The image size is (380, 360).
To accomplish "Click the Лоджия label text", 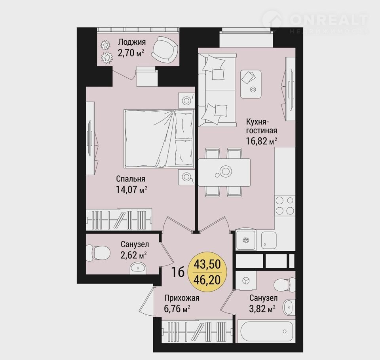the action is (x=132, y=42).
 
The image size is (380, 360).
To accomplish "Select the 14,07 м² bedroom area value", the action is (x=131, y=189).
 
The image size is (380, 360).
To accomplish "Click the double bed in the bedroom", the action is (x=160, y=138).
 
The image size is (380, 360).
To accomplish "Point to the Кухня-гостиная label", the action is (x=262, y=126).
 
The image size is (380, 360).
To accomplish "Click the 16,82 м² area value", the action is (x=262, y=141).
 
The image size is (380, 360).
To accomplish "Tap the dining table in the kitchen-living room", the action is (x=224, y=172).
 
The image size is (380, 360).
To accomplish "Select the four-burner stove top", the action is (x=285, y=205).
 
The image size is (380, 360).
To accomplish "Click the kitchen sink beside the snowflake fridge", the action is (x=269, y=240).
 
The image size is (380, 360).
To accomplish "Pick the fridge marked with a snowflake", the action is (x=246, y=240).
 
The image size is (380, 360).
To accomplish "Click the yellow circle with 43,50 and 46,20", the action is (x=207, y=272).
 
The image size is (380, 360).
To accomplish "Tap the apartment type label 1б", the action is (x=178, y=272).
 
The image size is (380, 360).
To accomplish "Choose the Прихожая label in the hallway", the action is (x=182, y=298).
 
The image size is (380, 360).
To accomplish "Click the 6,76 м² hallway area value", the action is (x=177, y=309).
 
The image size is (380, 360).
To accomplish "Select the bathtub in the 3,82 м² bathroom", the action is (x=266, y=331).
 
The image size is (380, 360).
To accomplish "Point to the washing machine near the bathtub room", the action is (x=246, y=280).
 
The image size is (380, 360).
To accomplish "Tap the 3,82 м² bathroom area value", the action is (x=262, y=309).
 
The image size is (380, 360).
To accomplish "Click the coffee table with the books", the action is (x=251, y=84).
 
